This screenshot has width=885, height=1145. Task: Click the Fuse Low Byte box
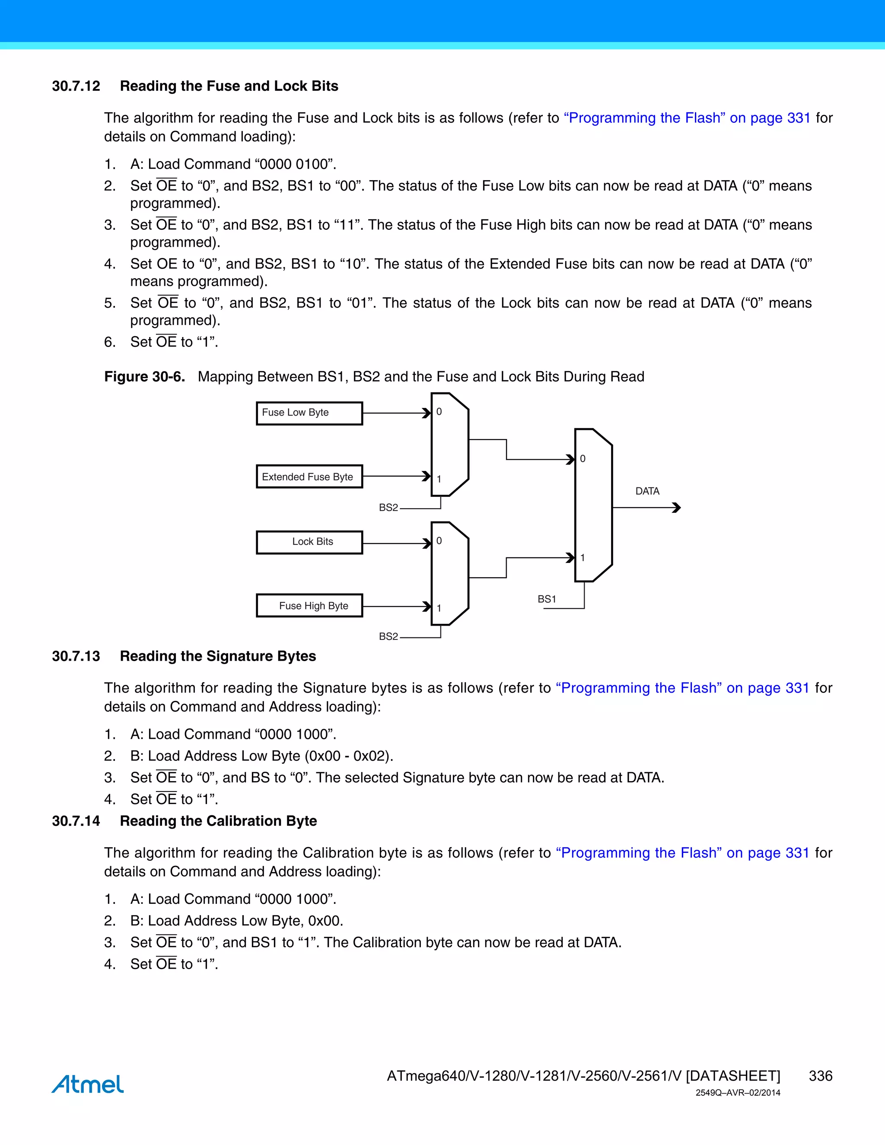point(309,413)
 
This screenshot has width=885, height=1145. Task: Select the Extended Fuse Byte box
point(309,477)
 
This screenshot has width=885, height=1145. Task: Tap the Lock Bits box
point(309,542)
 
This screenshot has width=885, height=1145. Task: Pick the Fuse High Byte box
point(309,605)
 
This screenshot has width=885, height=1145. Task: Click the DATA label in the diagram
point(647,491)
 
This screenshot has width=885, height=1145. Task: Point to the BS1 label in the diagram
point(546,599)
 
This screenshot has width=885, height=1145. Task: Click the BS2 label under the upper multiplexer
point(388,508)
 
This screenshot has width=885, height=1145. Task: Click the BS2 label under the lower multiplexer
point(388,636)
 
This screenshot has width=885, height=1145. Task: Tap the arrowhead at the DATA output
point(677,508)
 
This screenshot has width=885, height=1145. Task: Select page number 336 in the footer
point(820,1076)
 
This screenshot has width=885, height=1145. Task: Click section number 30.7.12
point(76,86)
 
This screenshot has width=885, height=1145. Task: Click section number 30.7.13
point(76,656)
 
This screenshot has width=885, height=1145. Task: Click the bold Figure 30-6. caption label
point(144,377)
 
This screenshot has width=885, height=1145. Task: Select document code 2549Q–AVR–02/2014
point(738,1093)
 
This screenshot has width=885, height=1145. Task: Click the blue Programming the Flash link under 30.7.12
point(687,118)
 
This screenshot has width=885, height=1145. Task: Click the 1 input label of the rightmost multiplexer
point(583,558)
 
